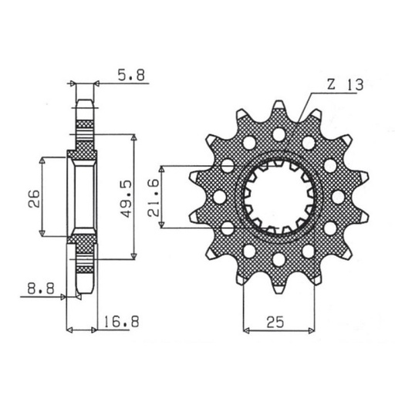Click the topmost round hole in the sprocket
[279, 135]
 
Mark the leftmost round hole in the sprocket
[220, 197]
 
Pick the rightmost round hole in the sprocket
[338, 197]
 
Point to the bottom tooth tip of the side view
[84, 293]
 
